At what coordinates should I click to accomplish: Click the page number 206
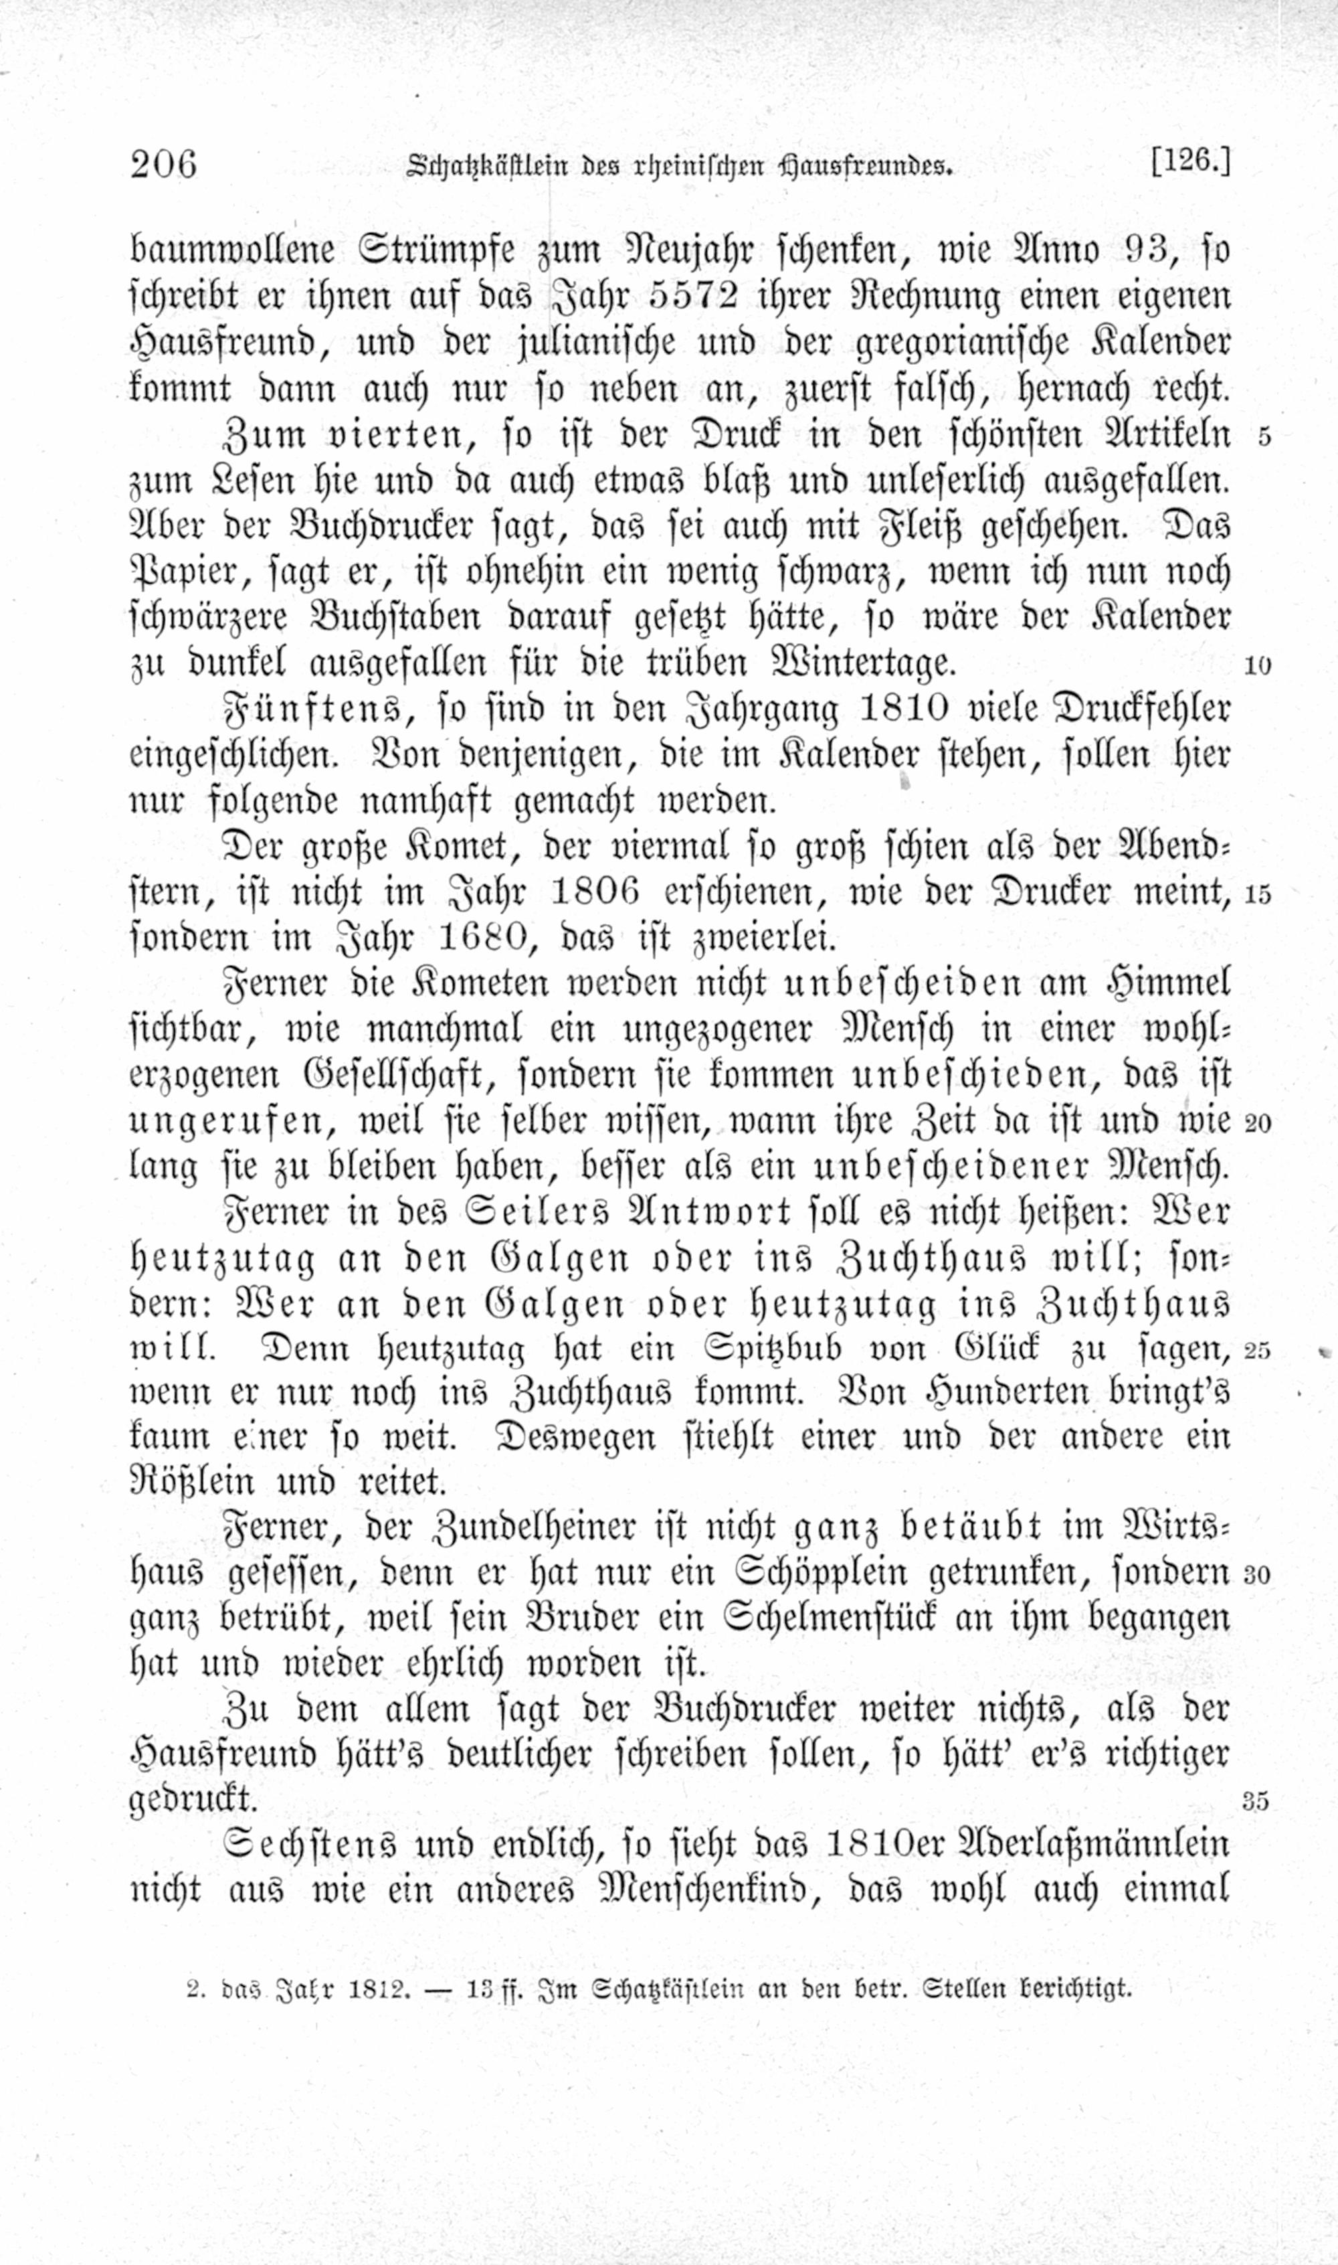[x=163, y=165]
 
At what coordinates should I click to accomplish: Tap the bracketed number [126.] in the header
[x=1190, y=163]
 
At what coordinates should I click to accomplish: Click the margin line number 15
[x=1258, y=895]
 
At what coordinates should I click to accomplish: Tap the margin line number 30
[x=1257, y=1575]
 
